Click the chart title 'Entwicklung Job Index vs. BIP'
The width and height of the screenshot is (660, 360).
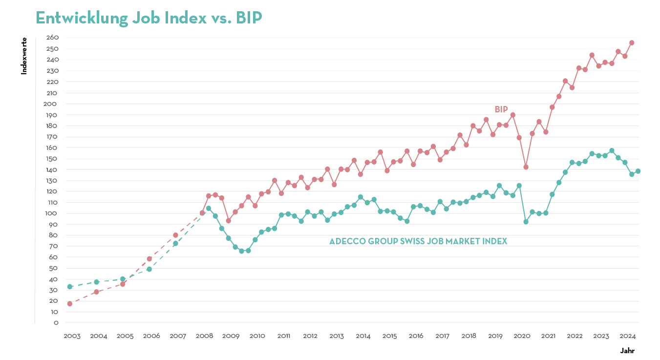pyautogui.click(x=149, y=18)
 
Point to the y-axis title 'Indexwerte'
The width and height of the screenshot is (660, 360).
pyautogui.click(x=24, y=56)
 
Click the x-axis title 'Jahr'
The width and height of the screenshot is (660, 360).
pyautogui.click(x=627, y=351)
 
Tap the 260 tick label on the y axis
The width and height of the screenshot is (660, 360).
pyautogui.click(x=52, y=38)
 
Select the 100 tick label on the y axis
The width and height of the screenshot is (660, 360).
pyautogui.click(x=52, y=213)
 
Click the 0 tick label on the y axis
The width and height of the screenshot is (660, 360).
pyautogui.click(x=56, y=323)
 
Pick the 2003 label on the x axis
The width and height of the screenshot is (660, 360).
pyautogui.click(x=72, y=336)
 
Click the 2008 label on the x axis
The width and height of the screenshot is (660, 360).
pyautogui.click(x=204, y=336)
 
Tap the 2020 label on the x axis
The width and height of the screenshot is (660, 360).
pyautogui.click(x=522, y=336)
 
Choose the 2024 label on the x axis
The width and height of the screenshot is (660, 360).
pyautogui.click(x=628, y=336)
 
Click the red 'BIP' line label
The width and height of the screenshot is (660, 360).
pyautogui.click(x=501, y=109)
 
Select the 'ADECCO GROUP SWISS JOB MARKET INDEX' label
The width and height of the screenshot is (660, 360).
pyautogui.click(x=418, y=241)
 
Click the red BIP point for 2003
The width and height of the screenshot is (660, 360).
pyautogui.click(x=70, y=304)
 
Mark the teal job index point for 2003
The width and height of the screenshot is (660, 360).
pyautogui.click(x=70, y=287)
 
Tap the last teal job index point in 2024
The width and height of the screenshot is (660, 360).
pyautogui.click(x=638, y=171)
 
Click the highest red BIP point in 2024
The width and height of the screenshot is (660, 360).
pyautogui.click(x=632, y=42)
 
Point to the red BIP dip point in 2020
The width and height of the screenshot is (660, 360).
pyautogui.click(x=526, y=167)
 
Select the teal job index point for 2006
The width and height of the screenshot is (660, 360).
pyautogui.click(x=149, y=269)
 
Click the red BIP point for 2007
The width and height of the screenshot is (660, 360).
pyautogui.click(x=175, y=235)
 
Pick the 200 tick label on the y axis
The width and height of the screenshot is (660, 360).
pyautogui.click(x=52, y=104)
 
